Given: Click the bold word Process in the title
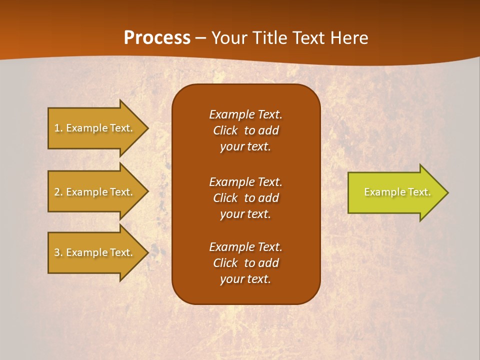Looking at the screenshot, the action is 157,37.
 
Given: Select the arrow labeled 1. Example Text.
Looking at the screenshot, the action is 93,128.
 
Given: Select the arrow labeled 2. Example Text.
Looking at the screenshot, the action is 93,192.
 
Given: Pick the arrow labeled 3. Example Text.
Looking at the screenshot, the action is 93,252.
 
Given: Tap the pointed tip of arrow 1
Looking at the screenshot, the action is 146,128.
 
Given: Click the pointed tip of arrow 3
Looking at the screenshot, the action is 146,252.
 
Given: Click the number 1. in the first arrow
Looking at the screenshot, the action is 58,128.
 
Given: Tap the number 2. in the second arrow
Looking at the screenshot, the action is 58,192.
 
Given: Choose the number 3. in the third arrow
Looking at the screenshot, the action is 58,252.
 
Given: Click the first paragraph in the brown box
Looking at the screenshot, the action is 245,130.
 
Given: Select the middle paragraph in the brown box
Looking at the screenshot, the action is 245,198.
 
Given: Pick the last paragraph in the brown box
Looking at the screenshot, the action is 245,263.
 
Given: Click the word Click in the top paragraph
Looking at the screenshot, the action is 225,130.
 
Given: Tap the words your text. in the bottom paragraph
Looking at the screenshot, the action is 245,279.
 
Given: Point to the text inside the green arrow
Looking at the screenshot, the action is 397,192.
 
